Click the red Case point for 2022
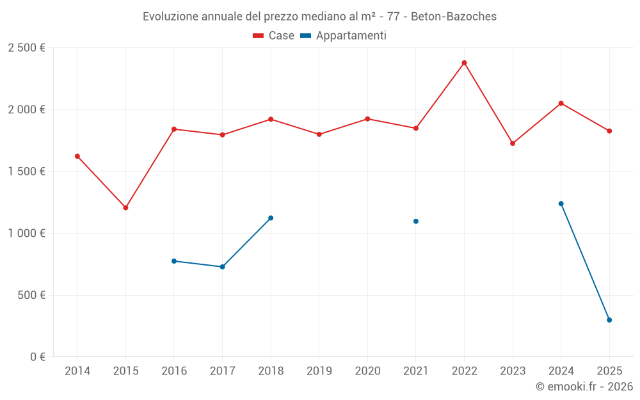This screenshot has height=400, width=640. coord(464,63)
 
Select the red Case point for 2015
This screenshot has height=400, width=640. coord(125,207)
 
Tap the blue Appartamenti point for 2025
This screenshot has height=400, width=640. coord(609,320)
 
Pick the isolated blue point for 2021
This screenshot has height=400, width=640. coord(416,221)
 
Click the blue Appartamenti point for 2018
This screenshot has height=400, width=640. coord(271,218)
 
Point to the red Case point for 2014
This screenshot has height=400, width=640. coord(77,156)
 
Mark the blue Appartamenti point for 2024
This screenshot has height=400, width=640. coord(561,204)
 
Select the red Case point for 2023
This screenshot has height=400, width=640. coord(513,143)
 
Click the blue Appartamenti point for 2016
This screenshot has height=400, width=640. coord(174,261)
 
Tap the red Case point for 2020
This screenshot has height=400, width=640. coord(367,119)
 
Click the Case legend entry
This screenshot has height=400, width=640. coord(274,36)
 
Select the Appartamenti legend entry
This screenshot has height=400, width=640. coord(344,36)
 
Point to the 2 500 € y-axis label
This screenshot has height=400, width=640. coord(26,48)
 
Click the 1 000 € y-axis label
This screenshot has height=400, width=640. coord(26,234)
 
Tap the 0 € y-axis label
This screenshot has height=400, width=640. coord(36,357)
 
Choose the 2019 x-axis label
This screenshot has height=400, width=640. coord(319,371)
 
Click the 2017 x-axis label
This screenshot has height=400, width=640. coord(222,371)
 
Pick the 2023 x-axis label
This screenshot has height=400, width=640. coord(513,371)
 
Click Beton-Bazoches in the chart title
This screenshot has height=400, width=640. coord(454,17)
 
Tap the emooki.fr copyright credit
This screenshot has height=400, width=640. coord(584,387)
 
